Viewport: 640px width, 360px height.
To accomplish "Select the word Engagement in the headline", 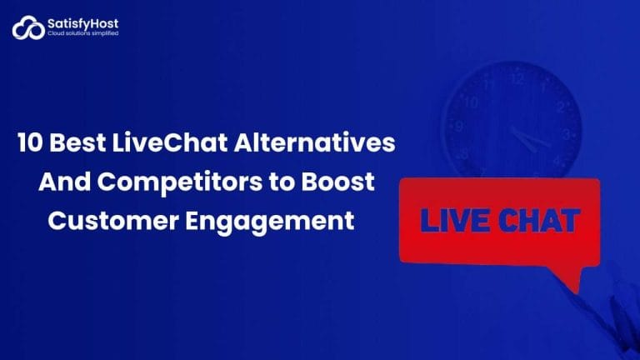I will point(274,221).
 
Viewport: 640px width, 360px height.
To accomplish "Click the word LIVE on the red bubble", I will point(453,221).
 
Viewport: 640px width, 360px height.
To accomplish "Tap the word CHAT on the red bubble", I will point(539,221).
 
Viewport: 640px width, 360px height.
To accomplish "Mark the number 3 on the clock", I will point(568,132).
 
